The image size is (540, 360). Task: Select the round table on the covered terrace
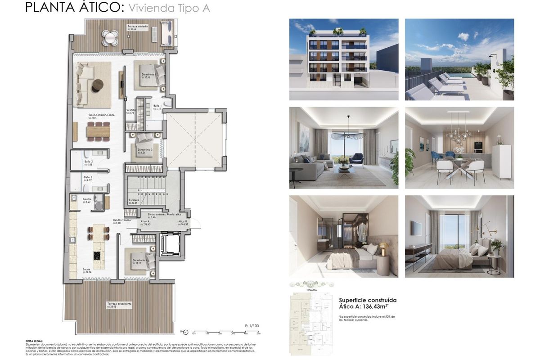coord(110,37)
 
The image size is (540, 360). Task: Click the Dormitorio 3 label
coord(145,150)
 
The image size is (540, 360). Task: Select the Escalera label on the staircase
coord(134,200)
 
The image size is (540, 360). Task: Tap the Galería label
coord(87,199)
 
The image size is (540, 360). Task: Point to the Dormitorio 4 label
coord(139,261)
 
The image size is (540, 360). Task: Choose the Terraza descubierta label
coord(119,304)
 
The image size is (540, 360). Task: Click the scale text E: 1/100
coord(252,325)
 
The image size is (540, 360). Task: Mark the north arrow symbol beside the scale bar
coord(185,332)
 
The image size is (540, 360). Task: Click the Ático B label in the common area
coord(182,222)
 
